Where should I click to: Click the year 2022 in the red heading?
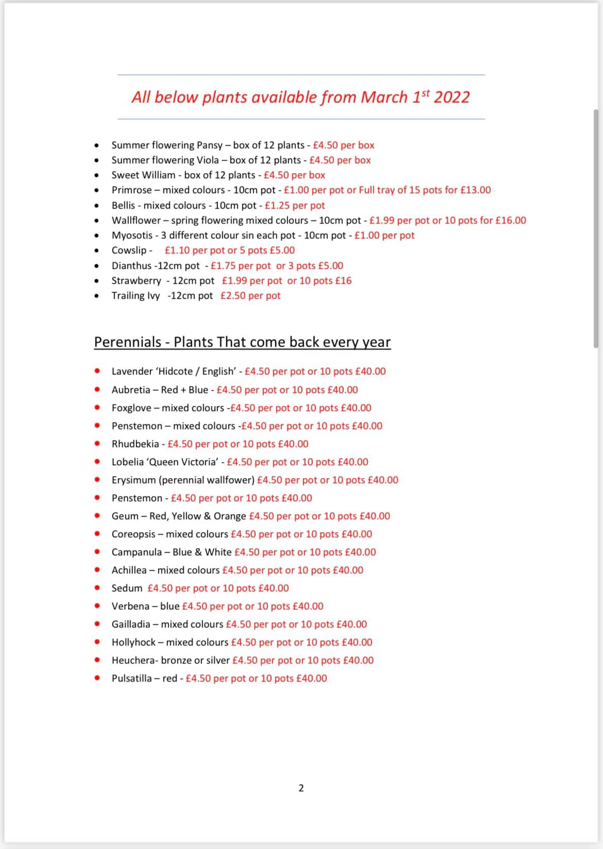pos(451,97)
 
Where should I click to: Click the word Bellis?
pos(123,206)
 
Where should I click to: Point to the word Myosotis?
pos(131,235)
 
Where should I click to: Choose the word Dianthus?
pos(131,266)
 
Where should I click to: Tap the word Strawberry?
pos(136,281)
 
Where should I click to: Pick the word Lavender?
pos(132,371)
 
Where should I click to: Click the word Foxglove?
pos(131,408)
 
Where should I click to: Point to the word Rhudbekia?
pos(135,444)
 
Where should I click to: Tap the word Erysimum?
pos(133,480)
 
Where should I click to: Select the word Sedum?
pos(127,588)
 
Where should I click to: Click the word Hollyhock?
pos(133,642)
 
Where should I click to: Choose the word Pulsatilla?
pos(131,678)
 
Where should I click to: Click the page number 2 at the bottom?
pos(301,788)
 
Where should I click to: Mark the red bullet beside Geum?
pos(97,516)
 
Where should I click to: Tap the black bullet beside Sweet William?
pos(96,175)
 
